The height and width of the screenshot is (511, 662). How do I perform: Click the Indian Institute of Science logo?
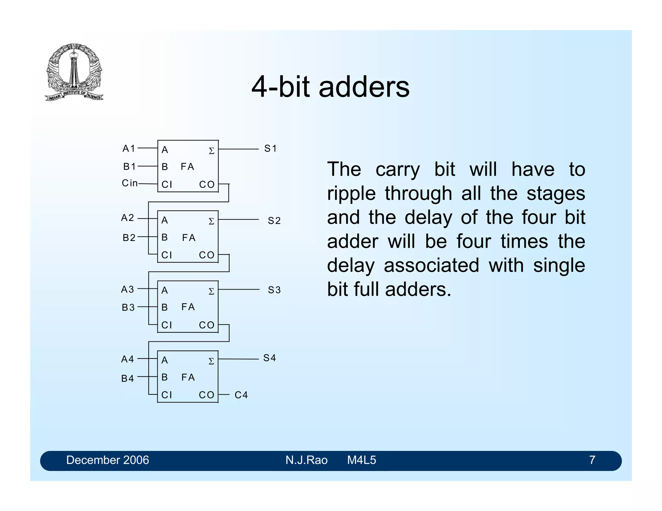pyautogui.click(x=74, y=72)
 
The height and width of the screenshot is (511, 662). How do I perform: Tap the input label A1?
pyautogui.click(x=129, y=148)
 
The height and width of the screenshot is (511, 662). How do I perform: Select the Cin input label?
pyautogui.click(x=130, y=183)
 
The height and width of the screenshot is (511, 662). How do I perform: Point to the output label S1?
pyautogui.click(x=270, y=149)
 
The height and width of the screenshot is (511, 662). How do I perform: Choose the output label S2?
pyautogui.click(x=274, y=221)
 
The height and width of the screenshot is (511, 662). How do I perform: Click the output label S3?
pyautogui.click(x=274, y=290)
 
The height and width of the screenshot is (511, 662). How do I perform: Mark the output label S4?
pyautogui.click(x=269, y=358)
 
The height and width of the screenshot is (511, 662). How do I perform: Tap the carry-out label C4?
pyautogui.click(x=241, y=395)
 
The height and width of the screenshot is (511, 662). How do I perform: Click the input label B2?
pyautogui.click(x=129, y=238)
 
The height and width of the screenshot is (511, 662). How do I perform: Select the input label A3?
pyautogui.click(x=127, y=289)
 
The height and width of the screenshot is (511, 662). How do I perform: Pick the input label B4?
pyautogui.click(x=127, y=378)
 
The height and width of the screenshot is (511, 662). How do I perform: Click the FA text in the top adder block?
pyautogui.click(x=187, y=166)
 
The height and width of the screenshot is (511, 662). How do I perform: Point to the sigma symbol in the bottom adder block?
pyautogui.click(x=211, y=361)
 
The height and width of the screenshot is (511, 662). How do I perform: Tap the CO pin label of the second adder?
pyautogui.click(x=207, y=255)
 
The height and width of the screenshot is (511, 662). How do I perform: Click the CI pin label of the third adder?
pyautogui.click(x=166, y=325)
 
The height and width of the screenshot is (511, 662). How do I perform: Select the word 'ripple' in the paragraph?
pyautogui.click(x=351, y=194)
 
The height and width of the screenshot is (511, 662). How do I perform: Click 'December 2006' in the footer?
pyautogui.click(x=108, y=460)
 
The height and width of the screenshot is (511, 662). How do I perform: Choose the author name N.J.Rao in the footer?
pyautogui.click(x=306, y=460)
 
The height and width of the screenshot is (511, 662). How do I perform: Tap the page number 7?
pyautogui.click(x=592, y=460)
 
